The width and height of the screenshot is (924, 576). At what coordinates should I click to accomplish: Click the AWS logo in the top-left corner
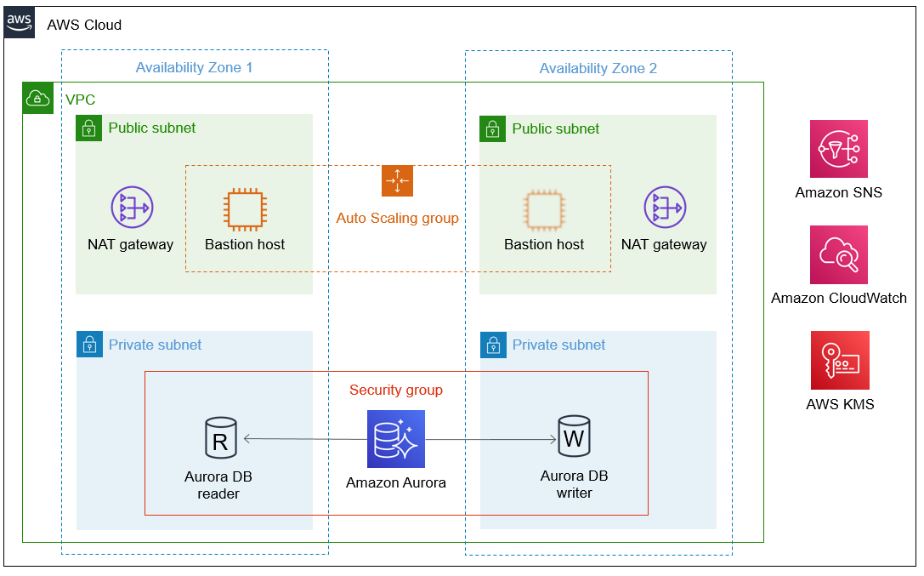[x=20, y=23]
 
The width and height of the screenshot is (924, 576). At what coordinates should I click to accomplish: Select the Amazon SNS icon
[x=838, y=149]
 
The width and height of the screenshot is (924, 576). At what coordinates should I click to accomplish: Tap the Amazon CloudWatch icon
[x=838, y=254]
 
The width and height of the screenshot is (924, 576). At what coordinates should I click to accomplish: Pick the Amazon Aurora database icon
[x=396, y=439]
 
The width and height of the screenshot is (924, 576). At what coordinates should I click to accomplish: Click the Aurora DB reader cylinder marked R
[x=220, y=437]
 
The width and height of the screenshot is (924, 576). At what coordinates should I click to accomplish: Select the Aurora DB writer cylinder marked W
[x=574, y=436]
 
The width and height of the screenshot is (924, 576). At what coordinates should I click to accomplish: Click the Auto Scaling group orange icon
[x=397, y=180]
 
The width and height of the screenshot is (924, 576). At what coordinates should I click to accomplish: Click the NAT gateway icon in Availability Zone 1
[x=131, y=208]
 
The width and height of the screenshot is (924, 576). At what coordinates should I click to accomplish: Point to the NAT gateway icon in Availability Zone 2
[x=664, y=208]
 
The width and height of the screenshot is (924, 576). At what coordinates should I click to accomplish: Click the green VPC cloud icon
[x=37, y=98]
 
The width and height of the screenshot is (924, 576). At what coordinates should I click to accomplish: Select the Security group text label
[x=396, y=390]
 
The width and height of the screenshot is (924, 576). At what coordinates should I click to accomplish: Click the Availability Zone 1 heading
[x=194, y=68]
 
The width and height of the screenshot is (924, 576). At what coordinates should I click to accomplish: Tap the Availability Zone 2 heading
[x=598, y=68]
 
